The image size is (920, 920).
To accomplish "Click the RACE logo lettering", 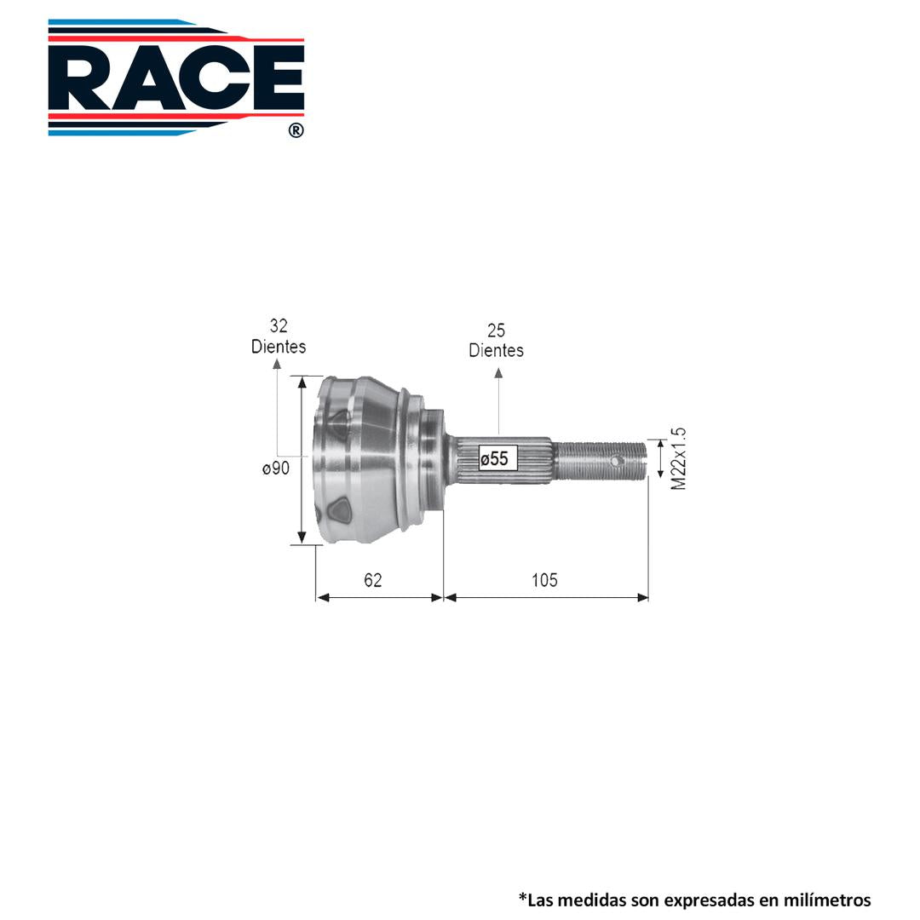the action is point(176,78).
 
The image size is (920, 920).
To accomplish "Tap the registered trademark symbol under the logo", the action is point(296,130).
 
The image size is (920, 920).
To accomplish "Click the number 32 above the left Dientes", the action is point(279,325).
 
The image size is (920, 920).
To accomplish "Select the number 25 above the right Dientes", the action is point(496,331).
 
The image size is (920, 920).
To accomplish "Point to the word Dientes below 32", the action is point(279,347).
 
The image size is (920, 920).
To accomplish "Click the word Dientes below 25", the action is point(496,350).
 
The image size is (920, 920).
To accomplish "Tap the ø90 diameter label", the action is point(276,469).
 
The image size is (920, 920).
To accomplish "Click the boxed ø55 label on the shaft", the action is point(498,458).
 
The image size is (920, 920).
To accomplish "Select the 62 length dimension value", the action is point(373,580).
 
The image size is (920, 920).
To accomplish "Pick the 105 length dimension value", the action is point(544,580).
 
